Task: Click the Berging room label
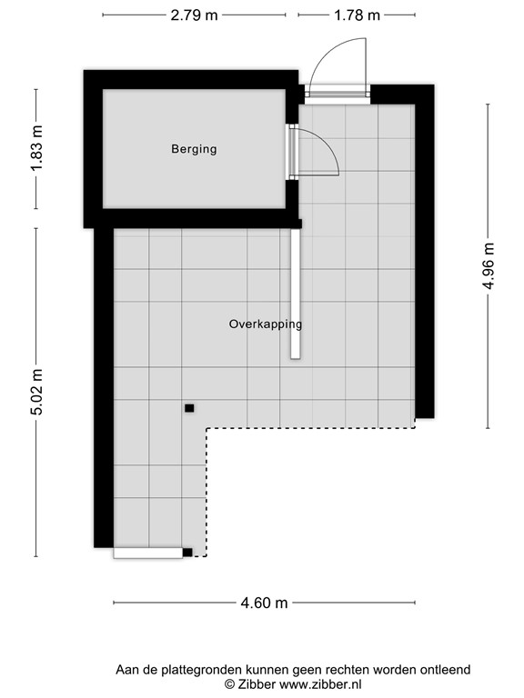tap(194, 149)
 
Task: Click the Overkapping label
tap(265, 324)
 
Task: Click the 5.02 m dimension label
tap(36, 392)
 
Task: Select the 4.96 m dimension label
tap(489, 265)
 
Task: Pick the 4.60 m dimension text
tap(265, 603)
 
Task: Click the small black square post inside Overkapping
tap(189, 408)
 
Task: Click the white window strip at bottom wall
tap(147, 552)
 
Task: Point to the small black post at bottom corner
tap(187, 552)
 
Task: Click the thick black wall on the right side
tap(424, 254)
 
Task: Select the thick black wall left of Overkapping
tap(104, 382)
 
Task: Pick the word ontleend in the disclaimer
tap(445, 670)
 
